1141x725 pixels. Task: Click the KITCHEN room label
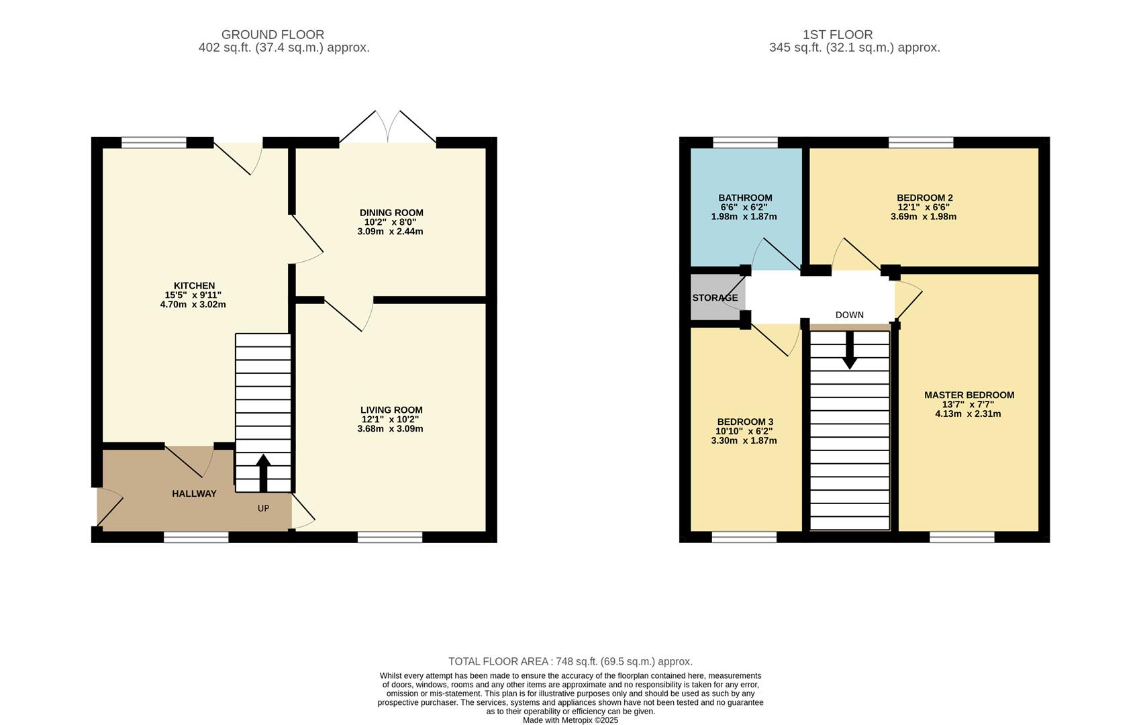point(194,286)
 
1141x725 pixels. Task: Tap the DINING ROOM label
point(391,213)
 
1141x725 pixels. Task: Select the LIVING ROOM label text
point(391,410)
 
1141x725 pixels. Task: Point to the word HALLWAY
point(194,493)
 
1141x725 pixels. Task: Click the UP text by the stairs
point(263,508)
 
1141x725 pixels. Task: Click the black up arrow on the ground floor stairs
point(263,473)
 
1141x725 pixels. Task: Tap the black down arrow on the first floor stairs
point(849,350)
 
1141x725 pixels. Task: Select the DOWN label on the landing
point(849,315)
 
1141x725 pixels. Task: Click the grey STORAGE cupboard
point(715,297)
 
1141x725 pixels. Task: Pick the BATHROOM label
point(745,198)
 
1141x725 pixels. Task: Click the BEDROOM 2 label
point(924,198)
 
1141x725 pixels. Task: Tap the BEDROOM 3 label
point(745,422)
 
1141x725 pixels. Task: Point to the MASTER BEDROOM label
point(969,395)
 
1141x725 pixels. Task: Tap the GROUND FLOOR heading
point(272,34)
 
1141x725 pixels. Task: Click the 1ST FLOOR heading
point(837,34)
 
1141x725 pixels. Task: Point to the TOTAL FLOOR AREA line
point(570,661)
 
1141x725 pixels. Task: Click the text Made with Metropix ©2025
point(570,720)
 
